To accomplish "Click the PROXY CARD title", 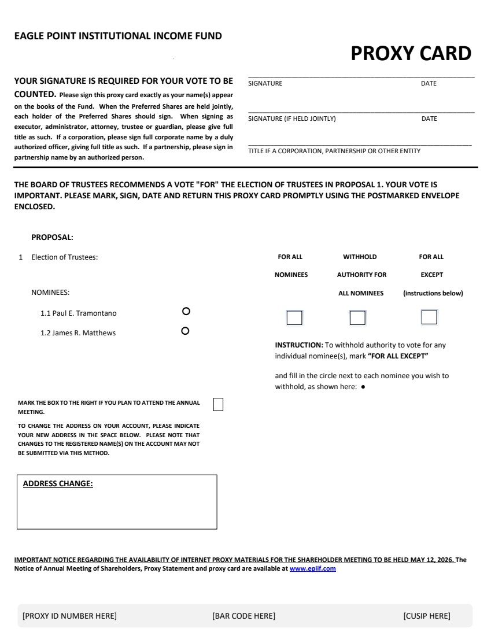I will [x=411, y=54].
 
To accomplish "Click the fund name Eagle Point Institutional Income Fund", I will [x=118, y=36].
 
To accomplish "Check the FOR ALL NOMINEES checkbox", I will [x=294, y=317].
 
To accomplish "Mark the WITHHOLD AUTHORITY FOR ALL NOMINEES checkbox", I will [x=357, y=317].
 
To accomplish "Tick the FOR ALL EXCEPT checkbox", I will [x=429, y=317].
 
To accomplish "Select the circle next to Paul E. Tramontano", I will [x=186, y=311].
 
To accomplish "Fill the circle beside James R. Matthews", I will [x=186, y=331].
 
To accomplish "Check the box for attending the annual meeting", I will [x=218, y=404].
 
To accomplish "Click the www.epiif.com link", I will [x=312, y=569].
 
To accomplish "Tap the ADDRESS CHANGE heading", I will [x=58, y=484].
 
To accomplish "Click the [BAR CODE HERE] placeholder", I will [x=243, y=616].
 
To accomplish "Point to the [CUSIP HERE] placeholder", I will [x=426, y=616].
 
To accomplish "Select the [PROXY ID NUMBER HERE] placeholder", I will [x=69, y=616].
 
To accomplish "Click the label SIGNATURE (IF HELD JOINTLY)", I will [x=291, y=119].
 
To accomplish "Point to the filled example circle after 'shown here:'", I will [x=363, y=387].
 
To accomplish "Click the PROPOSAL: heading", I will [x=52, y=237].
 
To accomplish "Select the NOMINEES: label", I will [x=50, y=293].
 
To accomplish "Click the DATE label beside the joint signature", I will [x=429, y=119].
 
